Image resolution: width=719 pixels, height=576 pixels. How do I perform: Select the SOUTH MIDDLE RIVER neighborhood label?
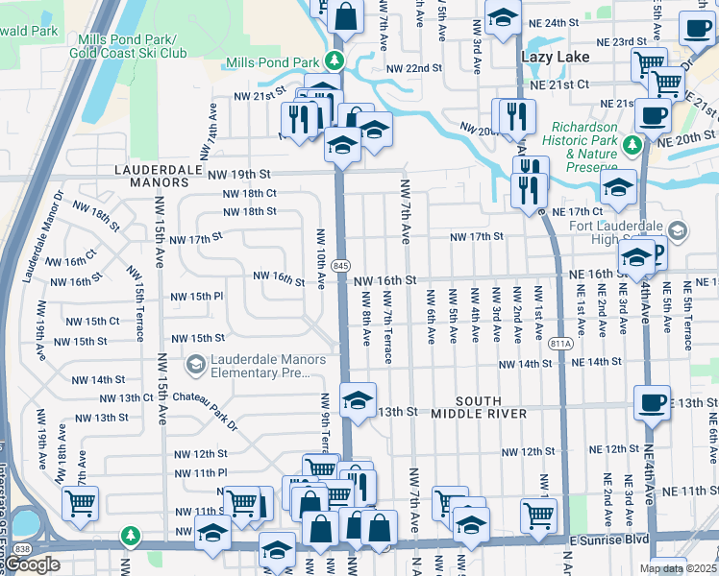click(478, 406)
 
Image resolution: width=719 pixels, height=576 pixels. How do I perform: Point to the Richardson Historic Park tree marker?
click(632, 144)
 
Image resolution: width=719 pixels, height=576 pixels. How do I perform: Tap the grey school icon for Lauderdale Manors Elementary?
click(196, 363)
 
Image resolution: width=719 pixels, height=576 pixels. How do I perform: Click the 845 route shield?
click(343, 266)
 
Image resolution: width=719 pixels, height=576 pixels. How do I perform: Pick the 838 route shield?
click(22, 545)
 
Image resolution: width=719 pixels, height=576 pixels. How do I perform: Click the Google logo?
click(32, 564)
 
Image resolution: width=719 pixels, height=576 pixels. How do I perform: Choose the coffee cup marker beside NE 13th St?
click(652, 401)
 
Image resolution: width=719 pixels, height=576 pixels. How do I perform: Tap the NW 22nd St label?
click(413, 69)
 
